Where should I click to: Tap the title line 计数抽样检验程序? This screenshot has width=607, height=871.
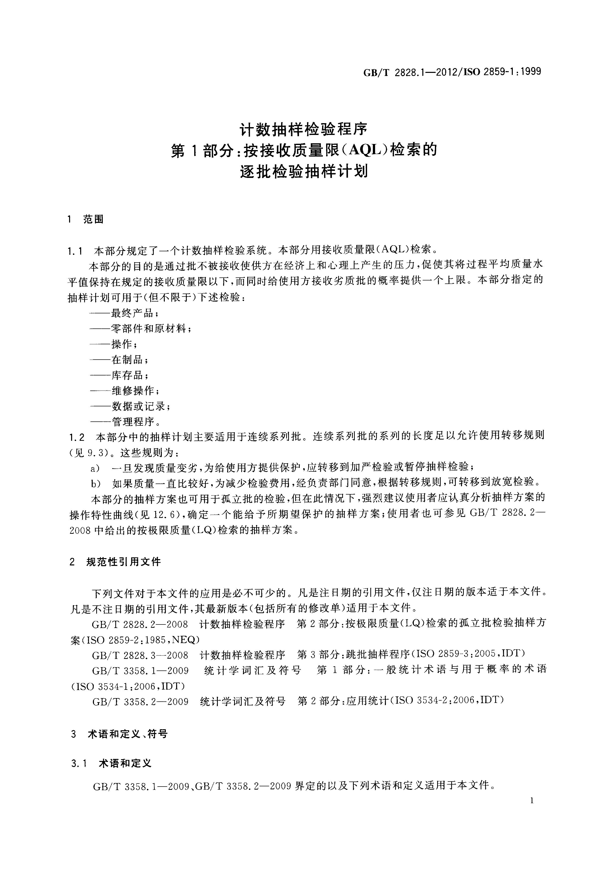[x=303, y=130]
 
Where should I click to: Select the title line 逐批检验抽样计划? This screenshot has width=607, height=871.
[x=303, y=172]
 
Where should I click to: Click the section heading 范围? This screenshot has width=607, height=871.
[x=93, y=219]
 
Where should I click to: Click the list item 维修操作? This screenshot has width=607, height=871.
[x=132, y=390]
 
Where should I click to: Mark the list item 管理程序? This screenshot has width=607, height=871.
[x=132, y=421]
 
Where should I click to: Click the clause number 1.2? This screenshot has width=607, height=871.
[x=77, y=437]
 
